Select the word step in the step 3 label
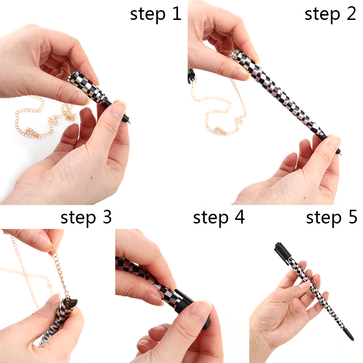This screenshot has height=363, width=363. tap(78, 218)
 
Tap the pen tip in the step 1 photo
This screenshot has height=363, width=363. tap(130, 121)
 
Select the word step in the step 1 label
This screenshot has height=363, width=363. tap(148, 14)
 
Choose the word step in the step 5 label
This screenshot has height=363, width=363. tap(324, 218)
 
